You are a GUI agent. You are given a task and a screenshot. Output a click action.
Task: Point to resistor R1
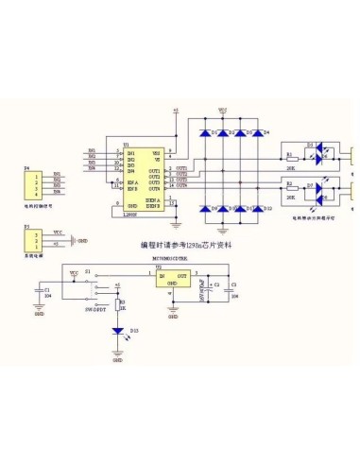pos(290,157)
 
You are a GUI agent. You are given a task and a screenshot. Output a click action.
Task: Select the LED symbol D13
pos(117,332)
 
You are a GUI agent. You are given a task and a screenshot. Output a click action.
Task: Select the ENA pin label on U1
pos(133,181)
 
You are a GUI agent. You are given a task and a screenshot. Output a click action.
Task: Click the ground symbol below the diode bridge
pos(223,229)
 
